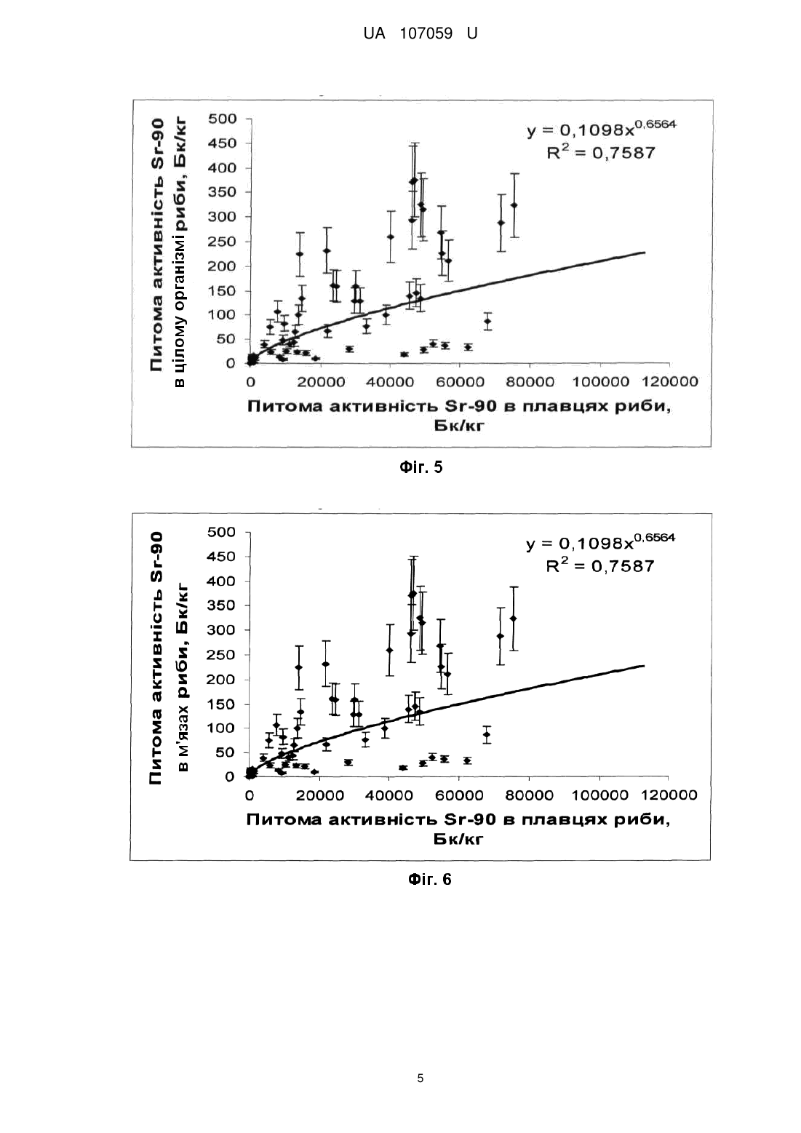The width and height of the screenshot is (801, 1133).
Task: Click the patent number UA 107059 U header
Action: click(421, 33)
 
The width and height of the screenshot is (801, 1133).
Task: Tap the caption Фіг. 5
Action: click(421, 467)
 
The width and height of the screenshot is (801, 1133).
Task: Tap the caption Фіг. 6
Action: click(429, 880)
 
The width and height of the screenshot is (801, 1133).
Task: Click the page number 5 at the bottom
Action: click(421, 1078)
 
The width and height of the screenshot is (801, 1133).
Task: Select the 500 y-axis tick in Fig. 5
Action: click(222, 119)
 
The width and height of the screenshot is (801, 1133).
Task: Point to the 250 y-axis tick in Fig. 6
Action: click(221, 654)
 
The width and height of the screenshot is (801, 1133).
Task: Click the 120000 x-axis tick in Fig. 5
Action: click(670, 382)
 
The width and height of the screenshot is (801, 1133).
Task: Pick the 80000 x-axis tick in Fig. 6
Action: click(530, 795)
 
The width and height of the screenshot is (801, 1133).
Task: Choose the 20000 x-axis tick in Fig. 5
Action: click(321, 382)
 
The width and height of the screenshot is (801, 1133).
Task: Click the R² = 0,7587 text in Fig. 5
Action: click(601, 153)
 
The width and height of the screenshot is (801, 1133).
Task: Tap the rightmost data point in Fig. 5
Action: click(514, 205)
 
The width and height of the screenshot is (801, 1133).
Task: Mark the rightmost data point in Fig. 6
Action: click(513, 618)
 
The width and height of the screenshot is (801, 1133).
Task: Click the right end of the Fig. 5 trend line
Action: click(645, 253)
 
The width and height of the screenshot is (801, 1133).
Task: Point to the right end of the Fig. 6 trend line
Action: click(644, 666)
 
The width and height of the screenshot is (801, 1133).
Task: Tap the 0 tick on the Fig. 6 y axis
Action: click(230, 777)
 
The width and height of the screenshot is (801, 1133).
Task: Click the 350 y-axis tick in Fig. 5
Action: click(222, 191)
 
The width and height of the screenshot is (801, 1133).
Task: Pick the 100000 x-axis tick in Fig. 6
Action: click(599, 795)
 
